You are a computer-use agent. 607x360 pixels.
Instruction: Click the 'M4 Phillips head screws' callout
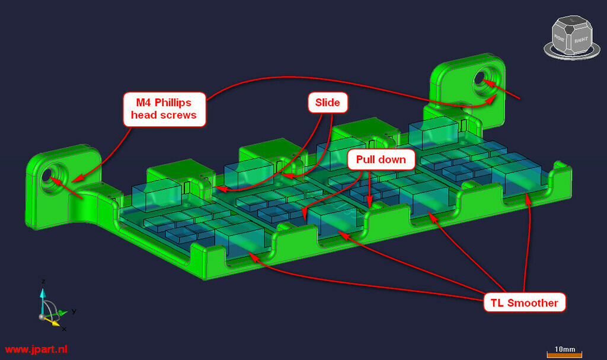[x=164, y=109]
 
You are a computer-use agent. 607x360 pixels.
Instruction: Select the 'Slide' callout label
[x=327, y=102]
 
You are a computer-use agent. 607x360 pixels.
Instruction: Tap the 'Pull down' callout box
[x=381, y=160]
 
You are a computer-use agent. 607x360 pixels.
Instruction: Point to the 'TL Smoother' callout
[x=524, y=302]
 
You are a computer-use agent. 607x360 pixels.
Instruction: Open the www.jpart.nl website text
[x=36, y=349]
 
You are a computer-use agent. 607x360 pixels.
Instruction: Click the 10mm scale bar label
[x=565, y=349]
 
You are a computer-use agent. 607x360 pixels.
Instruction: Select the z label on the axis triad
[x=43, y=281]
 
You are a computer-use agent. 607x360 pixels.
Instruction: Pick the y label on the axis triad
[x=74, y=311]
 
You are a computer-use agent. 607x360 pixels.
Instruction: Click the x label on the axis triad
[x=64, y=329]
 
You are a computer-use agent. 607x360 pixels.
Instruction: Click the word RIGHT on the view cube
[x=581, y=40]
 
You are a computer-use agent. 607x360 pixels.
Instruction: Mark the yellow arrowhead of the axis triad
[x=56, y=323]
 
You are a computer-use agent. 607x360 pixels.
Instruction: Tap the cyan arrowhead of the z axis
[x=43, y=293]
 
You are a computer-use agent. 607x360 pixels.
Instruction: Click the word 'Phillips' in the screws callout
[x=172, y=103]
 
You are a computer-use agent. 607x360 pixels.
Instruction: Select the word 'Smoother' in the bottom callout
[x=533, y=303]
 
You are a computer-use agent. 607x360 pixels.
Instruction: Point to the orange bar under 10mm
[x=564, y=355]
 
